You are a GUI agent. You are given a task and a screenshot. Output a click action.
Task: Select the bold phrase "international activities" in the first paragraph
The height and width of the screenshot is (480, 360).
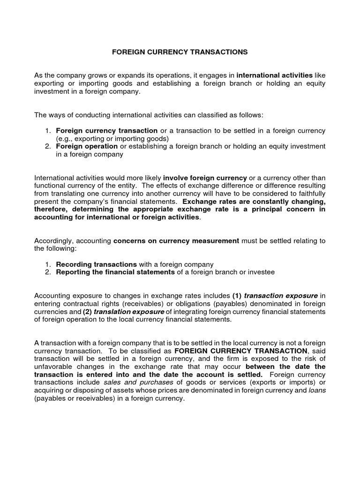click(x=274, y=75)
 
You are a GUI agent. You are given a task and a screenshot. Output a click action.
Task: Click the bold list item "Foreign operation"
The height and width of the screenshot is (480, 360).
click(x=87, y=146)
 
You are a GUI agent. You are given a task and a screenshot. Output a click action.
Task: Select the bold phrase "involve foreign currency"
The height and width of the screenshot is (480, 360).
click(x=205, y=178)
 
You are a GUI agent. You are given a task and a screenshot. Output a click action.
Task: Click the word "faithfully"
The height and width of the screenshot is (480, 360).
click(x=309, y=194)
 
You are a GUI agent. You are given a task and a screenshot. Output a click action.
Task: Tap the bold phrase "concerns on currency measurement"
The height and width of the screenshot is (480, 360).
click(x=176, y=241)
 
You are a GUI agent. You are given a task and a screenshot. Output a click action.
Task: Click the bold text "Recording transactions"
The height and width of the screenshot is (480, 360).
click(x=97, y=264)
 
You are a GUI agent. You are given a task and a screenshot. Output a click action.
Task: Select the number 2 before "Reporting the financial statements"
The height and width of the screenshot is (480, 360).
click(x=48, y=272)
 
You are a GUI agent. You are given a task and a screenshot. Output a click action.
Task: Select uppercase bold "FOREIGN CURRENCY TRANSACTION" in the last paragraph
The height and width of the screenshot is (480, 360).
click(x=241, y=351)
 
